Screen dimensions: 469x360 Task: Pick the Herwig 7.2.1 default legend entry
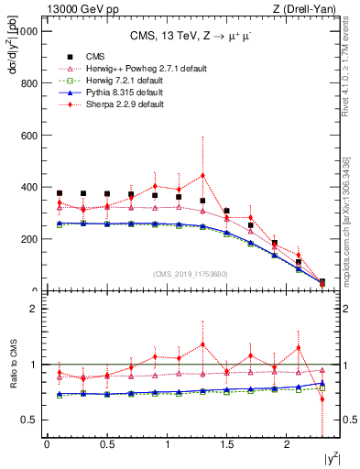point(115,81)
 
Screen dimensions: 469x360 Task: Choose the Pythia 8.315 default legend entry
point(115,93)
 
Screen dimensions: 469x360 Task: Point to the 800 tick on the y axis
point(27,83)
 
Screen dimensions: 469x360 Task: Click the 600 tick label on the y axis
point(27,136)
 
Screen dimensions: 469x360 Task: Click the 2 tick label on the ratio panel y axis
point(33,310)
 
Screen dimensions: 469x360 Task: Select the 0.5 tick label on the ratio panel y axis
point(28,420)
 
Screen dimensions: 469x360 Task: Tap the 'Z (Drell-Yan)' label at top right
point(318,8)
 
